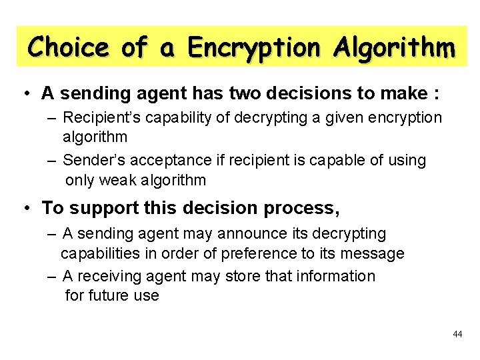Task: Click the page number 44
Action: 457,333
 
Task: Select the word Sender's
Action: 94,161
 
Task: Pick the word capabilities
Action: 104,254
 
